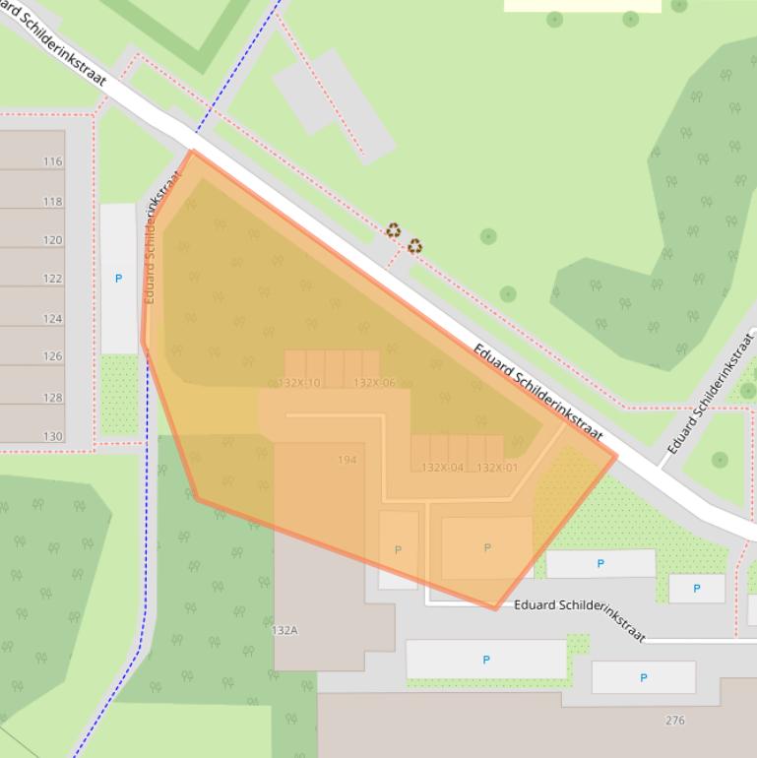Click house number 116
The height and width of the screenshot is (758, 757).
[x=52, y=161]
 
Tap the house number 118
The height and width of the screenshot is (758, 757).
[x=52, y=201]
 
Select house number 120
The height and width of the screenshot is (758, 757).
[x=52, y=240]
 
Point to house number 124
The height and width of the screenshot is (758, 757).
[x=52, y=319]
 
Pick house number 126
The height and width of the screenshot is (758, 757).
[x=52, y=356]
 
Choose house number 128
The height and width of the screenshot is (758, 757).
[x=52, y=398]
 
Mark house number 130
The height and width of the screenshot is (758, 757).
[x=52, y=436]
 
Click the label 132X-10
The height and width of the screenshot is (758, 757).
[x=299, y=383]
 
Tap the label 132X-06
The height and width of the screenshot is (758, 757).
[x=374, y=383]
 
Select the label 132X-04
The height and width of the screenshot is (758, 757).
[x=442, y=468]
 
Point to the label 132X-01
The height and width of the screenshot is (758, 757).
[x=497, y=468]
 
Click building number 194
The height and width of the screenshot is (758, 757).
[x=347, y=460]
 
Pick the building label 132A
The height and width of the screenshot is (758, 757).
[x=284, y=630]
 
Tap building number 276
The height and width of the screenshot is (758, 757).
[x=674, y=721]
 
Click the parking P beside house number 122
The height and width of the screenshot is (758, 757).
[x=118, y=279]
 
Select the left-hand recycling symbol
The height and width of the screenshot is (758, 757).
[x=394, y=231]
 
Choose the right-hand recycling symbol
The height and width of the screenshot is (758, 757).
[x=415, y=246]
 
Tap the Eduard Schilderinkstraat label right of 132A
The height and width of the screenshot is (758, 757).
[x=580, y=617]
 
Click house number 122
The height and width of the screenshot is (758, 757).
[x=52, y=279]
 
